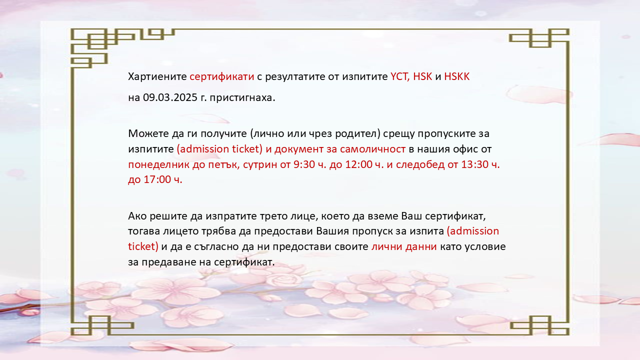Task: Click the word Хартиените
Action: [157, 76]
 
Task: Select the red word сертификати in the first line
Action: [221, 77]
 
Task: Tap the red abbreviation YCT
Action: [400, 76]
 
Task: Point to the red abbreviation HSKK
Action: [456, 76]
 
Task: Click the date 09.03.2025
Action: [170, 97]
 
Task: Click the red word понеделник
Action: [158, 164]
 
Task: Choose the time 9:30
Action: [304, 164]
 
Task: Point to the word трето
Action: [272, 216]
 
